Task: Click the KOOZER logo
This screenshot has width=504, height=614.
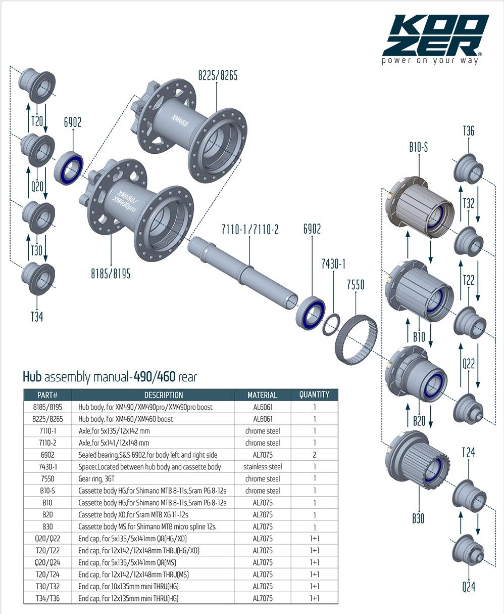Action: tap(435, 38)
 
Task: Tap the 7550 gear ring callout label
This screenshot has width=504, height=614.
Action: tap(356, 285)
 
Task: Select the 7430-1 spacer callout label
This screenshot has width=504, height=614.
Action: tap(333, 264)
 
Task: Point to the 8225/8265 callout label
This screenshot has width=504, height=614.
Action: tap(217, 76)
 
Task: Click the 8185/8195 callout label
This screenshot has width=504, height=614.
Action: tap(111, 274)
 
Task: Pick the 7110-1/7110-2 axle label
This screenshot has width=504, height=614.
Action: tap(250, 230)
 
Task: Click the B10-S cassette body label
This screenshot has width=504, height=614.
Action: tap(418, 148)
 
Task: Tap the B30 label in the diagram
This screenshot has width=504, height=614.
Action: tap(418, 518)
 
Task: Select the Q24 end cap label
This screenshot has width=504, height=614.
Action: tap(468, 587)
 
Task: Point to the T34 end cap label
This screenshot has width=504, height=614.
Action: tap(37, 317)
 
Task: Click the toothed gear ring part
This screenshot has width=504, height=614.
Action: tap(356, 336)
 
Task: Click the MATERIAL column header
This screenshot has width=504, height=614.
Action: tap(262, 395)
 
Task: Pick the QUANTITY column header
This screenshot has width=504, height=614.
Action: tap(314, 394)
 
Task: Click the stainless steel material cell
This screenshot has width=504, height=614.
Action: tap(262, 467)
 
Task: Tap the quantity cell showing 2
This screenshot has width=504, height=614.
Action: tap(314, 455)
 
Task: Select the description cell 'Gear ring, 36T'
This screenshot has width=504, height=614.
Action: tap(104, 478)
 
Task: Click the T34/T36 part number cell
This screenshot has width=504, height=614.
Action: tap(47, 598)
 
